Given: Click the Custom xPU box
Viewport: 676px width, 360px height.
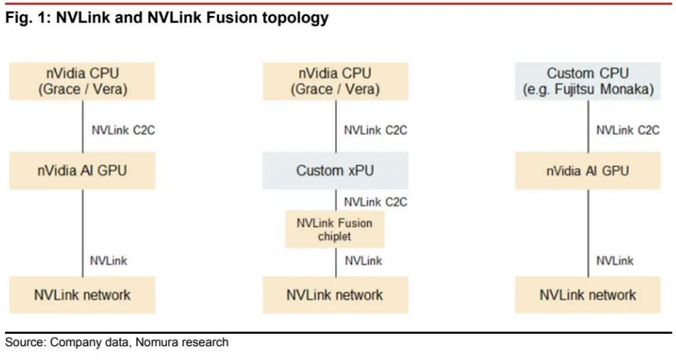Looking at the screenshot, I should [335, 171].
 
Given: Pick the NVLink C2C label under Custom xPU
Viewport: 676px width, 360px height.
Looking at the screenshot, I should [375, 202].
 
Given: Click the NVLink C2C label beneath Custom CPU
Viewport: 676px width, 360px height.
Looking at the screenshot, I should [628, 130].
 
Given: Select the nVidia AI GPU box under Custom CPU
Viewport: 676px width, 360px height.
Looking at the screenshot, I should [587, 171].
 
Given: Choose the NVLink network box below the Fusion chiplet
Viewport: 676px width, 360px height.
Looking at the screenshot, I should [335, 295].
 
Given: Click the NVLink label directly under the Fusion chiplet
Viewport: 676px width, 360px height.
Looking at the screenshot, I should [364, 261].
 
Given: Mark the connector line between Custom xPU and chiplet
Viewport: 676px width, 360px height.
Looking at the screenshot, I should [335, 200].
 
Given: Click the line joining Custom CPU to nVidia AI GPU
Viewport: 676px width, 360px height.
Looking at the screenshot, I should [588, 127].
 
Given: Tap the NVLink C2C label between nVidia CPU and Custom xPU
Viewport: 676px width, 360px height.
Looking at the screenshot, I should [375, 130].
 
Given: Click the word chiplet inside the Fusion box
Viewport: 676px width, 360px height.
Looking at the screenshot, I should [335, 237].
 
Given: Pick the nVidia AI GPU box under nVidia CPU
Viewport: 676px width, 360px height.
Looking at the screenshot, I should [82, 171].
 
